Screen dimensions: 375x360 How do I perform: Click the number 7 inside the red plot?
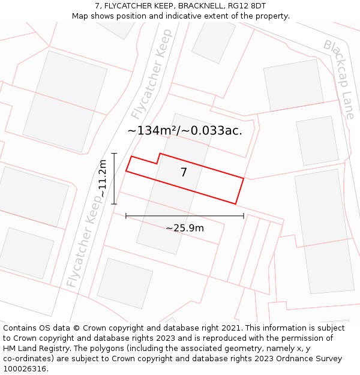184,173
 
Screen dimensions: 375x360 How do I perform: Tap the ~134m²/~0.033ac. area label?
185,130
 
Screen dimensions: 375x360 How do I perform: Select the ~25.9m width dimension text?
185,228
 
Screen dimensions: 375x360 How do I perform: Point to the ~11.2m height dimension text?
103,178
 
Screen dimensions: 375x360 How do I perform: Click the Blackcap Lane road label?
340,79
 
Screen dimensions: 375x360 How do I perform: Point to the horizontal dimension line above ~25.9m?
185,216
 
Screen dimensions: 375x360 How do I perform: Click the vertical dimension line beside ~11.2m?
114,179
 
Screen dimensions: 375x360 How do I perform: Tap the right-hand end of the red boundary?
240,191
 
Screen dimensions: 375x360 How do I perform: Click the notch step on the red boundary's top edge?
158,158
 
